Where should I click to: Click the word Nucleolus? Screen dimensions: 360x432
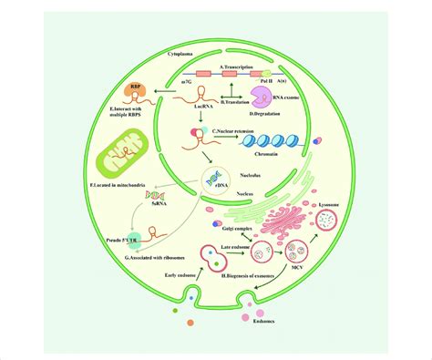click(x=236, y=177)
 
